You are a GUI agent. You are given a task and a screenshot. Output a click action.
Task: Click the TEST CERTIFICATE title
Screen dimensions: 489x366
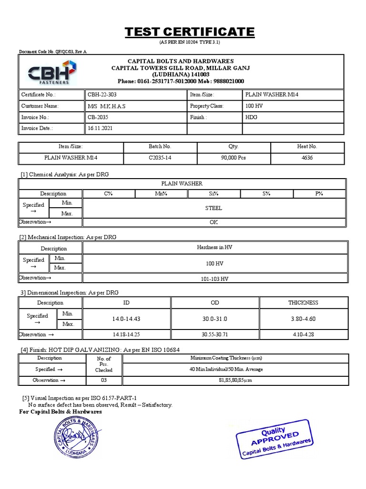point(190,32)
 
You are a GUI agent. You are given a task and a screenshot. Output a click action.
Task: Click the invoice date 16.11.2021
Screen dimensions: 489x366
point(101,128)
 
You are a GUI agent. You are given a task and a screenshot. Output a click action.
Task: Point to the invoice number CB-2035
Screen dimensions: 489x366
point(99,117)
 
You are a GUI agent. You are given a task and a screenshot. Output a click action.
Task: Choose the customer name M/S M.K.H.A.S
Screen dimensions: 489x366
point(107,106)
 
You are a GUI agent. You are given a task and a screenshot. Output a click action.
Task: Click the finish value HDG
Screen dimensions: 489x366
point(251,117)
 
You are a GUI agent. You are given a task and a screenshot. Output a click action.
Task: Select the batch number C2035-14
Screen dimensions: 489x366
point(160,158)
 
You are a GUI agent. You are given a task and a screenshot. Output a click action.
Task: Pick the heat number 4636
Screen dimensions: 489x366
point(307,158)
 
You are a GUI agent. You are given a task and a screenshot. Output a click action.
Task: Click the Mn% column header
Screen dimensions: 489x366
point(161,193)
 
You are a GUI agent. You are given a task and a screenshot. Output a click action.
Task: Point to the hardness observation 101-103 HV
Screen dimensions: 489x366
point(213,278)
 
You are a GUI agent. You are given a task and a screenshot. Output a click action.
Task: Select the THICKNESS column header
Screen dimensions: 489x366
point(303,303)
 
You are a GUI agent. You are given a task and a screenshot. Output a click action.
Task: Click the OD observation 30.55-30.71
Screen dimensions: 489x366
point(215,334)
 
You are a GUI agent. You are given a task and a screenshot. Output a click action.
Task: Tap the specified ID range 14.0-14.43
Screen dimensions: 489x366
point(126,319)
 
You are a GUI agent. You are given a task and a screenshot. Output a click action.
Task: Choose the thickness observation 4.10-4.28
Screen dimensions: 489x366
point(303,334)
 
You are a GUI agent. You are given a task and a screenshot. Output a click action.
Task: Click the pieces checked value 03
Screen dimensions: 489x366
point(103,380)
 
